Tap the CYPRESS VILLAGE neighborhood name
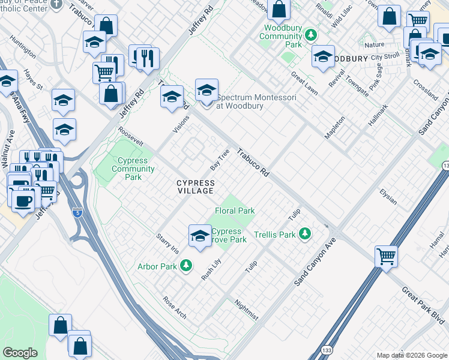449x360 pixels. pos(195,187)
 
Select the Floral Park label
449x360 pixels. pos(235,211)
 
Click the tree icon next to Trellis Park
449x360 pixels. pos(306,233)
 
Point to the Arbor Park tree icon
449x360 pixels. pos(186,265)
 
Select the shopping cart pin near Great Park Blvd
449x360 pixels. pos(386,256)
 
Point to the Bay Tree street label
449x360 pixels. pos(220,159)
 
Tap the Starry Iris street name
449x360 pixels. pos(167,243)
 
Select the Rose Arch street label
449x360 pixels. pos(175,307)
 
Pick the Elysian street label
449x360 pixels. pos(388,196)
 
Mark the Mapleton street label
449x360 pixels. pos(334,128)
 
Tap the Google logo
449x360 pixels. pos(20,353)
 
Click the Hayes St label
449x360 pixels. pos(34,79)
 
